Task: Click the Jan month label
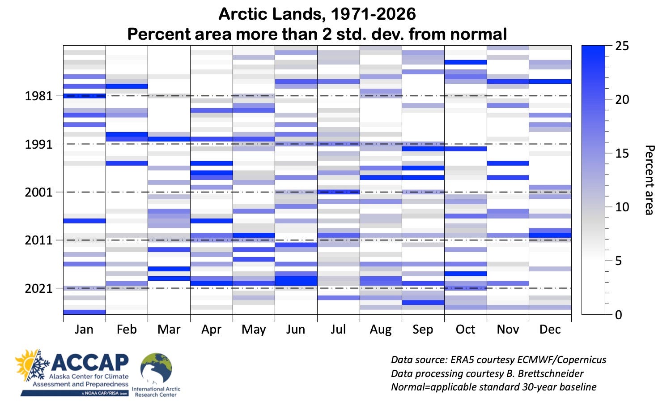[84, 330]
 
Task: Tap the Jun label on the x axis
[296, 330]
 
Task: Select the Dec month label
[550, 330]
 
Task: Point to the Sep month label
[423, 330]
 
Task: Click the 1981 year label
[38, 96]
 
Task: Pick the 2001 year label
[38, 193]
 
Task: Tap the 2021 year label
[38, 289]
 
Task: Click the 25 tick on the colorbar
[622, 46]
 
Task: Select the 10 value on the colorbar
[622, 207]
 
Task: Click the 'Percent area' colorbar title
[649, 180]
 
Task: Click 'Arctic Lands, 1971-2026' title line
[317, 14]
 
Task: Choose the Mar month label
[169, 330]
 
